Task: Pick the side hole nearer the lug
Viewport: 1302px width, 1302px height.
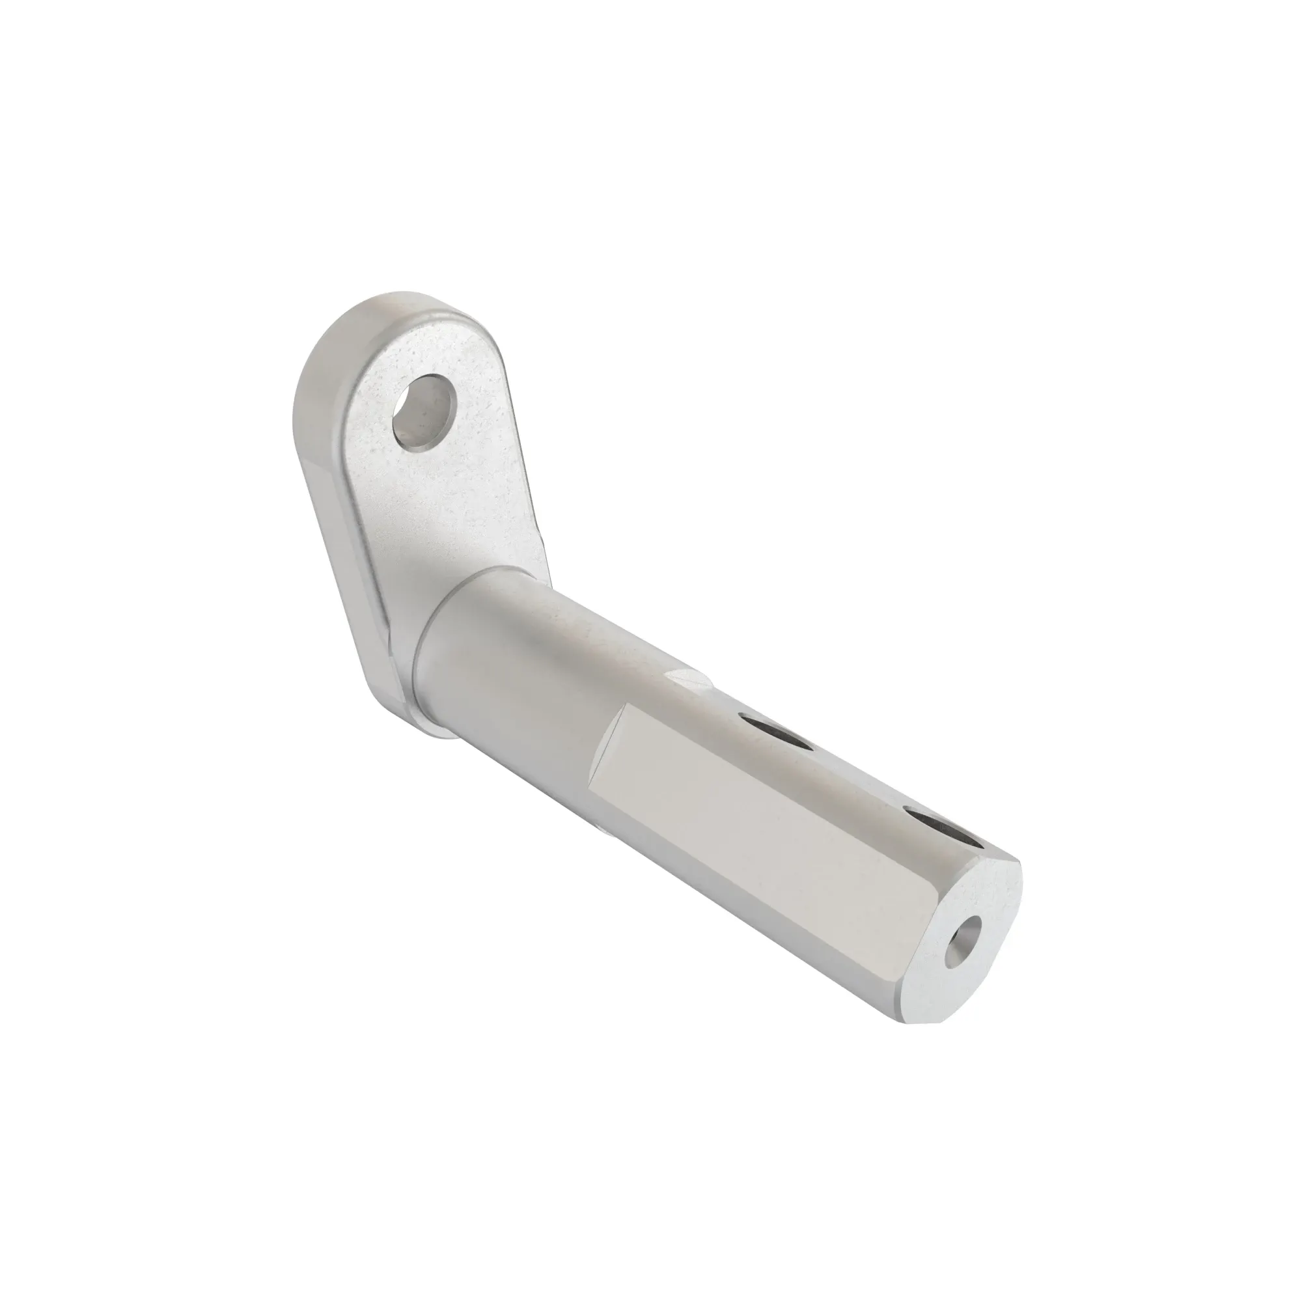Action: click(775, 734)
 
